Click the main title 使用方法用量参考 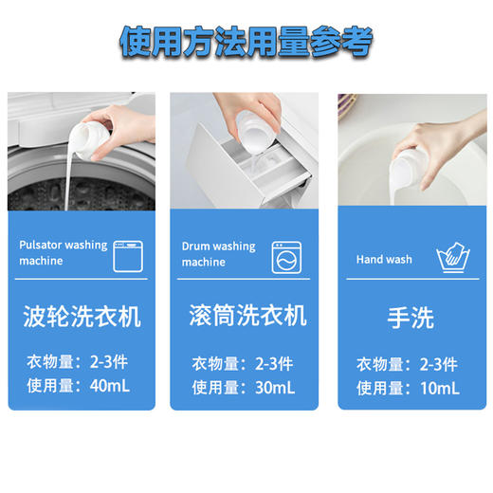(246, 42)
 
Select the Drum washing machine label (218, 253)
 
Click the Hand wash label (384, 259)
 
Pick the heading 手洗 (411, 317)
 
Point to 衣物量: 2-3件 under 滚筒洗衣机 (244, 363)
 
